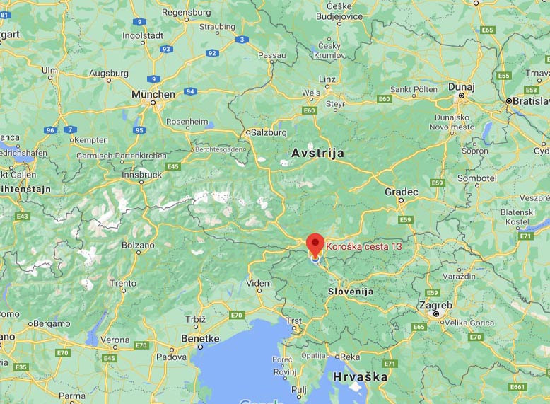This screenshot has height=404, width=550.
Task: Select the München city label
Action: click(153, 94)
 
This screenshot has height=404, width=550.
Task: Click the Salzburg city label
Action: click(269, 132)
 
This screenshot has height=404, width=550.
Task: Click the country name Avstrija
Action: click(317, 153)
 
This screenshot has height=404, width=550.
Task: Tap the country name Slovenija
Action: click(350, 292)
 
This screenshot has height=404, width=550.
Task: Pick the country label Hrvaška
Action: click(361, 376)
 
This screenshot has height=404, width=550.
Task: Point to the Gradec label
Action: click(401, 192)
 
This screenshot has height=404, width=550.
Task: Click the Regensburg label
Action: click(187, 12)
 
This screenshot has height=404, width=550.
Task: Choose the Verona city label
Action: click(115, 340)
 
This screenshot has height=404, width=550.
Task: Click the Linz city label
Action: click(328, 79)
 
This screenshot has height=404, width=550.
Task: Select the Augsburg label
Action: click(108, 74)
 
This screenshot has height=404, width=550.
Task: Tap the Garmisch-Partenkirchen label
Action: click(132, 156)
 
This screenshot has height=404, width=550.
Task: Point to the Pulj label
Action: click(298, 389)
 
